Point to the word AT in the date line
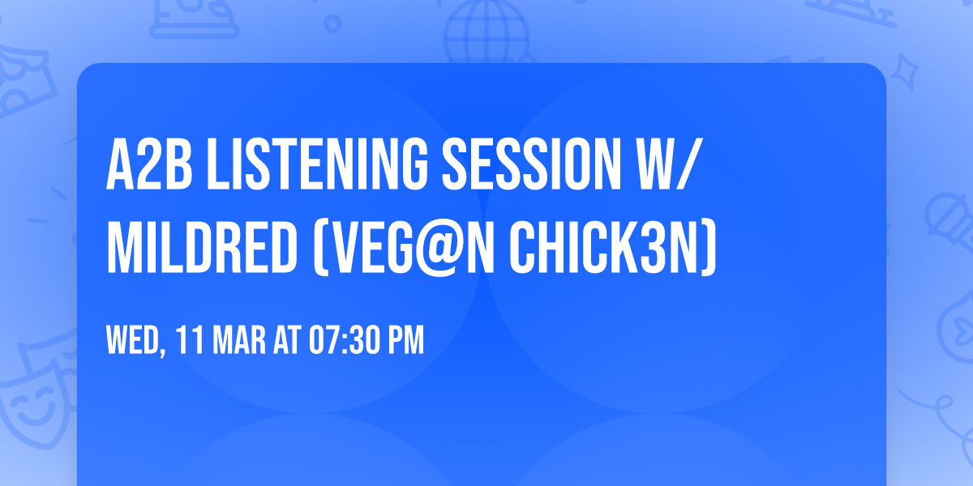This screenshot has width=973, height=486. [x=286, y=341]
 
